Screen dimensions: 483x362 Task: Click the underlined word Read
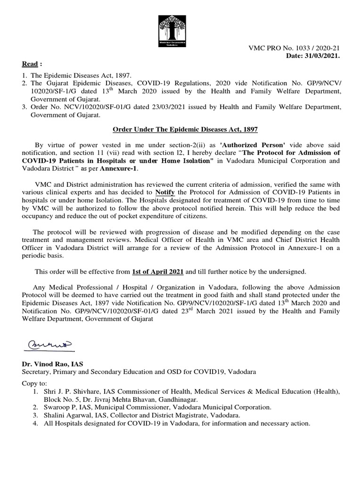(x=30, y=64)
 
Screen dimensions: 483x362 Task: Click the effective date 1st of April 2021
(x=158, y=271)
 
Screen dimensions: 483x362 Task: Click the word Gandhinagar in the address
(x=179, y=399)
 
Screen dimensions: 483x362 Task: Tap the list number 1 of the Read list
(x=25, y=75)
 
